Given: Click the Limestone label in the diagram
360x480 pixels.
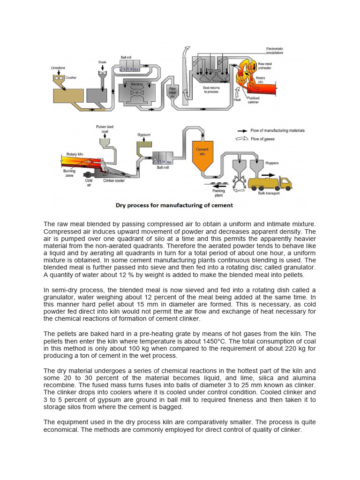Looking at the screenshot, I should point(58,68).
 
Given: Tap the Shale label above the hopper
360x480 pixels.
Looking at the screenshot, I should point(102,62).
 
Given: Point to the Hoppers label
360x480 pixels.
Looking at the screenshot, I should point(272,163).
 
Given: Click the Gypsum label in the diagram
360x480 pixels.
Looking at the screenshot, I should point(143,135).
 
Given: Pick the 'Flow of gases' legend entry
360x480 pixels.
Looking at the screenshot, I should point(263,139).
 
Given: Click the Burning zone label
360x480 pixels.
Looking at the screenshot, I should point(69,173).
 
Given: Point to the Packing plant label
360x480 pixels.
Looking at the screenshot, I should point(218,193).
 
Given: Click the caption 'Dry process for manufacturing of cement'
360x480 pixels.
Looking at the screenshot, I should point(174,205).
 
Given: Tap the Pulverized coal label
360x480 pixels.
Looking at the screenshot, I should point(104,129).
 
